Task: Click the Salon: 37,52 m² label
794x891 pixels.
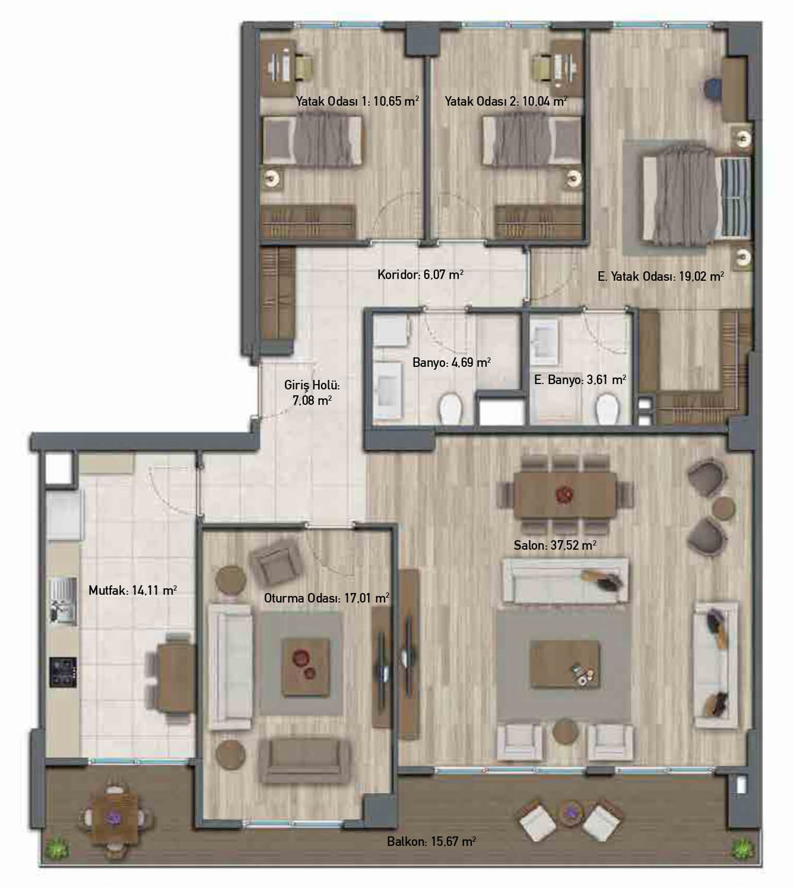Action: click(555, 546)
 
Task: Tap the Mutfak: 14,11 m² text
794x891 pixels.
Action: click(133, 590)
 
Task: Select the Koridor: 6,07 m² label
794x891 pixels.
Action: click(420, 275)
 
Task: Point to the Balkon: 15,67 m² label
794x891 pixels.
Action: click(431, 841)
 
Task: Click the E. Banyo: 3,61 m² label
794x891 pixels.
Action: click(580, 379)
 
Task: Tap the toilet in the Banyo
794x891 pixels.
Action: click(450, 409)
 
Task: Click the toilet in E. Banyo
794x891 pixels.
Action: click(608, 409)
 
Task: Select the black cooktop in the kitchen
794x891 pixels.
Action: click(63, 672)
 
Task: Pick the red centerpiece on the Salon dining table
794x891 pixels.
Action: click(564, 494)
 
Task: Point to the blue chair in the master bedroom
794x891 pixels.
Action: click(712, 88)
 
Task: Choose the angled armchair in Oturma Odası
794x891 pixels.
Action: click(276, 564)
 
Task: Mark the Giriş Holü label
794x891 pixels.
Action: click(312, 393)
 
